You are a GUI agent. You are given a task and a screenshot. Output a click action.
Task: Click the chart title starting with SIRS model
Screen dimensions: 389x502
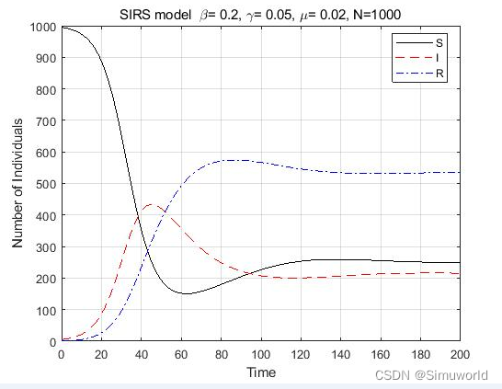260,13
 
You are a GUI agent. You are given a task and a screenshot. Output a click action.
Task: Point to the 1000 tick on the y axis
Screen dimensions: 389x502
43,27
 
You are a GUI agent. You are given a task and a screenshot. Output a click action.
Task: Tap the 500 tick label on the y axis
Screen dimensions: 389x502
46,184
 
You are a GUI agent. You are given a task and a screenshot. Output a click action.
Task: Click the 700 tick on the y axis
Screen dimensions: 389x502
46,121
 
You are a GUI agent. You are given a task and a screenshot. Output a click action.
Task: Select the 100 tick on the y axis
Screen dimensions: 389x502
46,310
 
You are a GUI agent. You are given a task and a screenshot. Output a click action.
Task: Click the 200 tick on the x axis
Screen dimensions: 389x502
460,354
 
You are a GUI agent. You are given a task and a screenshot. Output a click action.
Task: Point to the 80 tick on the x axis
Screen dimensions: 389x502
221,354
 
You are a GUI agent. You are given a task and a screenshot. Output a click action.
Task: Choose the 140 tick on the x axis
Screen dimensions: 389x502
340,354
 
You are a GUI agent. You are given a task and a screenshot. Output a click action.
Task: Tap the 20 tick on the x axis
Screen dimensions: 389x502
101,354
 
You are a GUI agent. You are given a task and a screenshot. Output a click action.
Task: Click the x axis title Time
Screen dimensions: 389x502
260,372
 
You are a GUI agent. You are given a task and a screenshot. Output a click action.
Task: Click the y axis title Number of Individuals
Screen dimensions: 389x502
18,184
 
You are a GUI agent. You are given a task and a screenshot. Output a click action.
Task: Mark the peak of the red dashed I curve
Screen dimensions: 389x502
150,204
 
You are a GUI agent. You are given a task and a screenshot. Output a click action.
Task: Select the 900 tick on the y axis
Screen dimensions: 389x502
46,58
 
